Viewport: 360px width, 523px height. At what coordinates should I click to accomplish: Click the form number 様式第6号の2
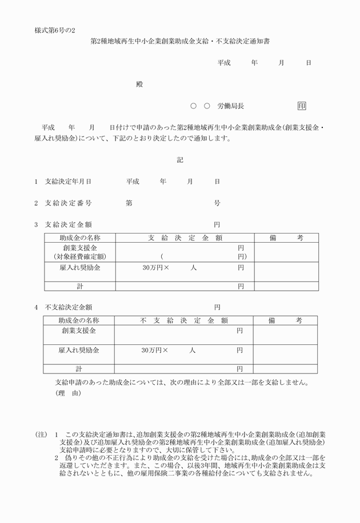[x=55, y=29]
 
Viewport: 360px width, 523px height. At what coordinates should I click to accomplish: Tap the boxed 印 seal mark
[x=302, y=106]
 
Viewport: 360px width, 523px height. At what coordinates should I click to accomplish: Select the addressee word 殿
[x=139, y=85]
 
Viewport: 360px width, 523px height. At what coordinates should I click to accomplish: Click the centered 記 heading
[x=180, y=160]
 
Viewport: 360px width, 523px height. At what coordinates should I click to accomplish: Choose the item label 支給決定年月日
[x=68, y=182]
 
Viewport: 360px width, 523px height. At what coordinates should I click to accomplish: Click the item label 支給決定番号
[x=68, y=203]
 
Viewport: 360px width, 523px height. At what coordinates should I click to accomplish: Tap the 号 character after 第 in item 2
[x=217, y=203]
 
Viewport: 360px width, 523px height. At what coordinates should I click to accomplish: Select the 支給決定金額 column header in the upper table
[x=185, y=238]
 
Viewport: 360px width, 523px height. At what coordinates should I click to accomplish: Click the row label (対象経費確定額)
[x=79, y=257]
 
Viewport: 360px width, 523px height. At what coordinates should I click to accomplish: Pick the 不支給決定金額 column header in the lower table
[x=184, y=321]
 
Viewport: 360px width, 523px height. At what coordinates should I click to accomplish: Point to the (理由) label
[x=69, y=394]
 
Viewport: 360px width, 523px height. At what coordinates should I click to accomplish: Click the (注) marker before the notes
[x=41, y=435]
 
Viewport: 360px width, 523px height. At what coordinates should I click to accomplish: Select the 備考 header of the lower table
[x=285, y=321]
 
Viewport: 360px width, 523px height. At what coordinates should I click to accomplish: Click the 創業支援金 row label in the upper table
[x=80, y=248]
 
